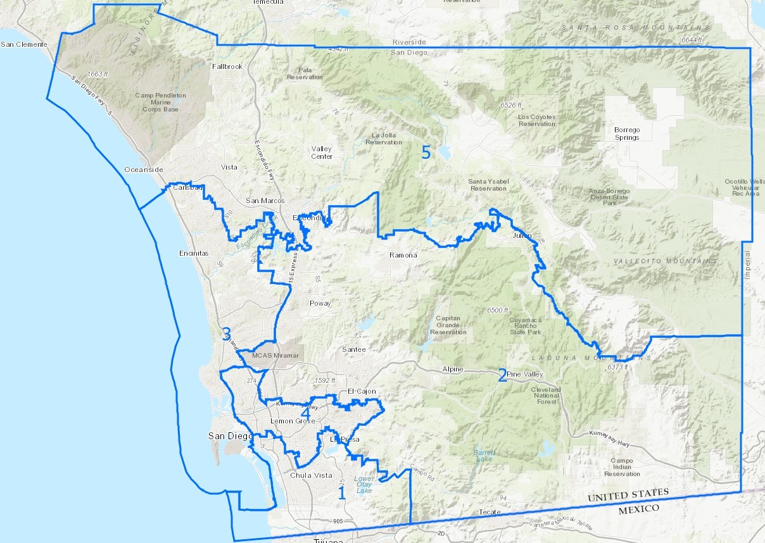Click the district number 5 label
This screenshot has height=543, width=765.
click(426, 153)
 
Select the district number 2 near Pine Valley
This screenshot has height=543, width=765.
click(502, 375)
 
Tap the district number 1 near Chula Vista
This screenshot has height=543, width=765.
click(341, 493)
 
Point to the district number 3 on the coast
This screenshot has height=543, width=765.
click(226, 334)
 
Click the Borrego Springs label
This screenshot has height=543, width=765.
click(627, 134)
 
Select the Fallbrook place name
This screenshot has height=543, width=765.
click(227, 66)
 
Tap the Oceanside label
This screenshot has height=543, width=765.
click(144, 170)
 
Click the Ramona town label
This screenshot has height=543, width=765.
click(403, 256)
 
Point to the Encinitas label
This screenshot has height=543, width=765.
click(193, 253)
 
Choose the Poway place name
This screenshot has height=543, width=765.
click(320, 303)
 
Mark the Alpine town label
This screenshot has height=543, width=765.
click(453, 369)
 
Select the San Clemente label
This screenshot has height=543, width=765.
click(24, 44)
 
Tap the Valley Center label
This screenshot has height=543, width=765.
click(322, 153)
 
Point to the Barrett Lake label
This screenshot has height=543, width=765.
click(484, 455)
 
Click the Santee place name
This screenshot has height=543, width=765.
click(353, 349)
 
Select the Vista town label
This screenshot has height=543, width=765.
click(229, 167)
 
